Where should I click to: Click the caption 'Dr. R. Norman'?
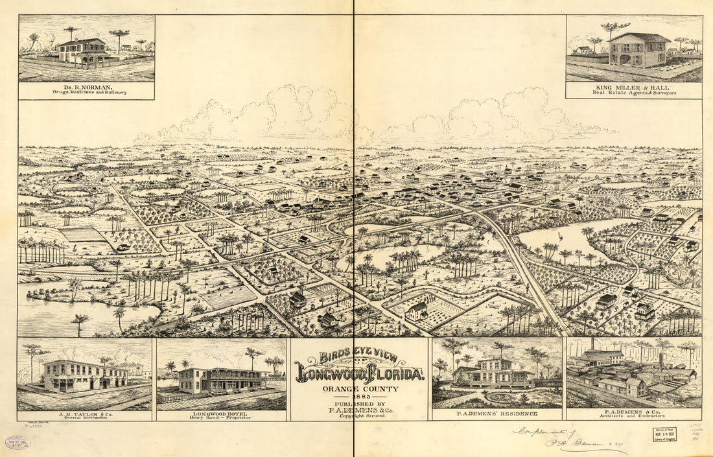coord(86,86)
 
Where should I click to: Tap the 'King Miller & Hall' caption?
coord(633,86)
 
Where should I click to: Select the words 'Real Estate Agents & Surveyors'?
coord(633,93)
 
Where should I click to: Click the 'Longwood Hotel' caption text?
coord(220,413)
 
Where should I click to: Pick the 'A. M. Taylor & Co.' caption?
coord(84,413)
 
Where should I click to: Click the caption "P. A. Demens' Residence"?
coord(497,414)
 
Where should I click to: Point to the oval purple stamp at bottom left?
coord(18,443)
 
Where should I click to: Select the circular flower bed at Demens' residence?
coord(497,397)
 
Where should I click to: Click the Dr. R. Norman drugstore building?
coord(82,51)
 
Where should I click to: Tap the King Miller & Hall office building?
coord(638,50)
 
